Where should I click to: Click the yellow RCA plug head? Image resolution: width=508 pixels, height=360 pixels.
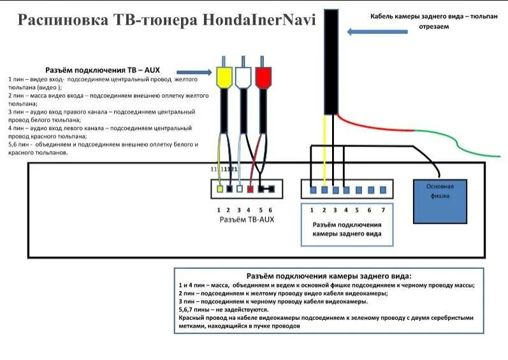point(224,77)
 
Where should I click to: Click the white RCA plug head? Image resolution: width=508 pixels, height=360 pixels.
point(243,77)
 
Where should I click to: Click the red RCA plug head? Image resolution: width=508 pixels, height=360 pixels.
point(263,77)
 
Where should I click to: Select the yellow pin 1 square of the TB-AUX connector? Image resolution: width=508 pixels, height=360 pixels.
point(219,189)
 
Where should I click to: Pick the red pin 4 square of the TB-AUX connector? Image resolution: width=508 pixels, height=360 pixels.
point(250,189)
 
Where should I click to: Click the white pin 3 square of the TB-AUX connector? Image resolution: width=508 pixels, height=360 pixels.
point(240,189)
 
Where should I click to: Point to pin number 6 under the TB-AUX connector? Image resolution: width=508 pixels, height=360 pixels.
point(271,210)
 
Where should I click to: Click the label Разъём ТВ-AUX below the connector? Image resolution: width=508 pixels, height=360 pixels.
point(246,219)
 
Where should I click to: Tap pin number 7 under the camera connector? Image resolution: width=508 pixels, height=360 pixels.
point(382,210)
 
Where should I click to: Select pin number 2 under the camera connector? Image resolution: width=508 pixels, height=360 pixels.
point(324,210)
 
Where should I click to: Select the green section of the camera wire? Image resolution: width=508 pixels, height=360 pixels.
point(481,154)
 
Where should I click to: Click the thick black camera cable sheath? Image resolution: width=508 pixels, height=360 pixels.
point(330,64)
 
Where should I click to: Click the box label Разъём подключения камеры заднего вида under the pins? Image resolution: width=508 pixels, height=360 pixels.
point(347,229)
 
